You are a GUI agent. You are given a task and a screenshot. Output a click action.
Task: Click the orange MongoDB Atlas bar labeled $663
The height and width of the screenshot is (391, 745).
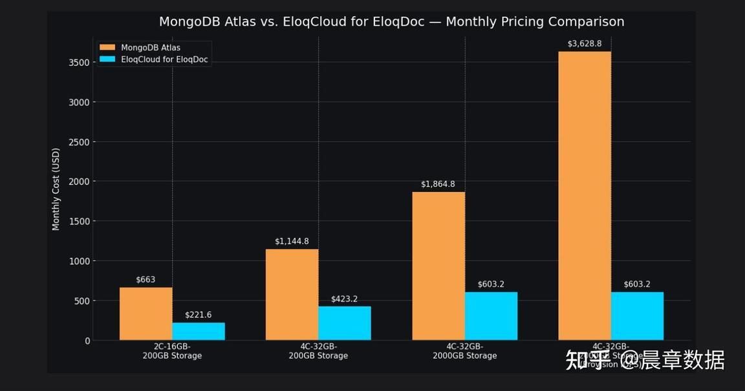[146, 313]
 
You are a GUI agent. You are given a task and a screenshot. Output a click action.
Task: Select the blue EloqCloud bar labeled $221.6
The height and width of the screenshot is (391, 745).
[199, 331]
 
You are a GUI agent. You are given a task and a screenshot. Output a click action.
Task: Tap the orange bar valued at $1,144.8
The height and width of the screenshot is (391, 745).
[292, 294]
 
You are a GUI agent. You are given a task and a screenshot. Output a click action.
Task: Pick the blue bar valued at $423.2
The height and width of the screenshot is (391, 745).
[344, 322]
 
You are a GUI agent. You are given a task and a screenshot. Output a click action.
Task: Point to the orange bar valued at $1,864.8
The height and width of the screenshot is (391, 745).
[438, 266]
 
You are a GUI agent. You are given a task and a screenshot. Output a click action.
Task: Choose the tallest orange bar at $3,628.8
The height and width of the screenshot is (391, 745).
[585, 195]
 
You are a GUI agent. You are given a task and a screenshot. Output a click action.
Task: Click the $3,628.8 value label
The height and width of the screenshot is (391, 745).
[585, 44]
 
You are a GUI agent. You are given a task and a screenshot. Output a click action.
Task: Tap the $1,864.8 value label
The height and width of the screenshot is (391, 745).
[438, 184]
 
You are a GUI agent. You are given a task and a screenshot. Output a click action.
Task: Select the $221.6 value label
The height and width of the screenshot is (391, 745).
[198, 315]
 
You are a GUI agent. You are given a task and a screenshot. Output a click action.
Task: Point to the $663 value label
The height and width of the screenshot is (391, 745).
[146, 280]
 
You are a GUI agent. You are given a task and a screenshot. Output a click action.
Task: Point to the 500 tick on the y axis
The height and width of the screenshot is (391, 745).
[82, 301]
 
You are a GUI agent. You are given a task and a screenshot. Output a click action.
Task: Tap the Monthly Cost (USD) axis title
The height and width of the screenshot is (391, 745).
[56, 189]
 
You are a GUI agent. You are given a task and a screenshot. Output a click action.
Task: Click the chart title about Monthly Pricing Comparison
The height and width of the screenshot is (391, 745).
[391, 21]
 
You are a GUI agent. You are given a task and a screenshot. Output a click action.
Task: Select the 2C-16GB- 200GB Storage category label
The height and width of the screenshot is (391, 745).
[172, 352]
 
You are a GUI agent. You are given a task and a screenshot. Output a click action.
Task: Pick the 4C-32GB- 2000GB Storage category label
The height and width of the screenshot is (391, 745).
[464, 352]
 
